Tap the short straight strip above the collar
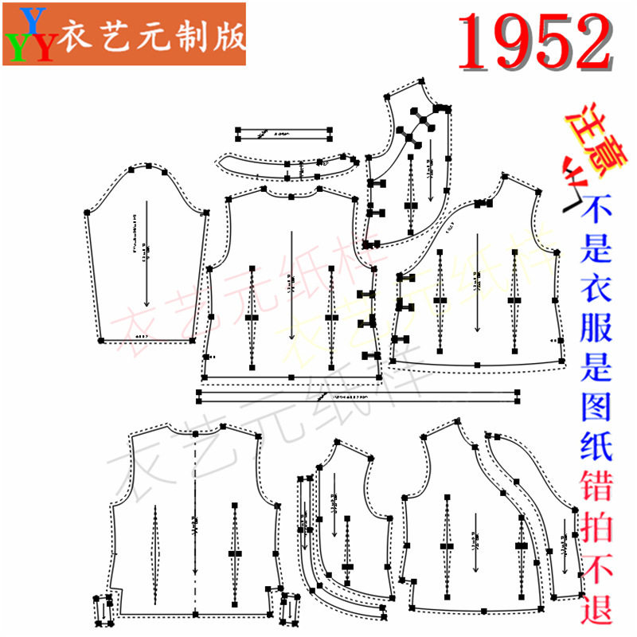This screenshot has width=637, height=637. [x=283, y=133]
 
